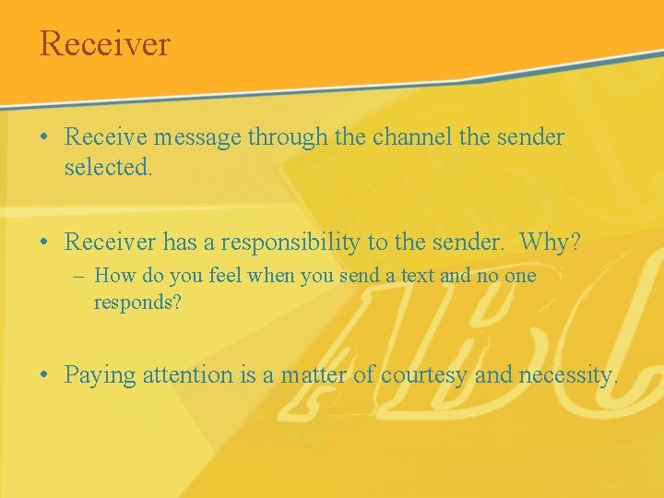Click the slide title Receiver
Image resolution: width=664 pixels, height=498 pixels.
pos(104,43)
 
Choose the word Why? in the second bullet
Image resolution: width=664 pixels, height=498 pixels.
pos(550,243)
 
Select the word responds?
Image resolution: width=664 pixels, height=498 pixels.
pos(137,302)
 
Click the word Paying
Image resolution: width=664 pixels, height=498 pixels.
pos(100,375)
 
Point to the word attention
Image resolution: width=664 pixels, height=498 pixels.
pos(189,375)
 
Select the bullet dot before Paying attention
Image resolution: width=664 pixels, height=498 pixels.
pos(44,376)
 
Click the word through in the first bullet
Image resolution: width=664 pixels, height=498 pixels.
pos(289,138)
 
